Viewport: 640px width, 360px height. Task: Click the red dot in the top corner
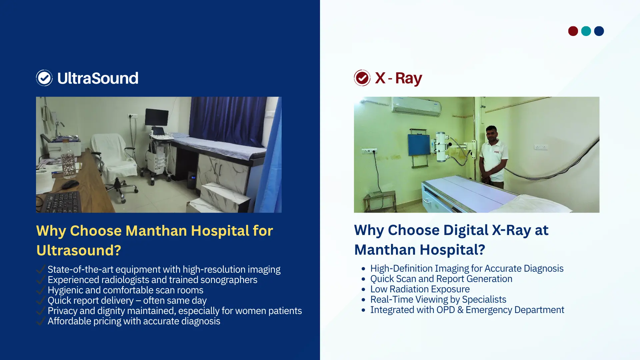[x=573, y=31]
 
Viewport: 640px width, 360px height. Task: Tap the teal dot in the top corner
[x=586, y=31]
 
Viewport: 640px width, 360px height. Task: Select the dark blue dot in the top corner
[x=599, y=31]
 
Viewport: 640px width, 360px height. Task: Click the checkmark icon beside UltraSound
[x=44, y=78]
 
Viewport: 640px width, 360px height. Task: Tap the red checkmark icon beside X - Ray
[x=362, y=78]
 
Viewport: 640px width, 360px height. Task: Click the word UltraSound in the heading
[x=98, y=78]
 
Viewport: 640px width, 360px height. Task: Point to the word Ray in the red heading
[x=409, y=79]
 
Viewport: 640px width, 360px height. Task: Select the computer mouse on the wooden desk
[x=70, y=184]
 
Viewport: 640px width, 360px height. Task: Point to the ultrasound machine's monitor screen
[x=157, y=117]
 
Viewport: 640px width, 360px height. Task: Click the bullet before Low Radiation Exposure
[x=363, y=289]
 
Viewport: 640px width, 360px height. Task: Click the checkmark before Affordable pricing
[x=40, y=321]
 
